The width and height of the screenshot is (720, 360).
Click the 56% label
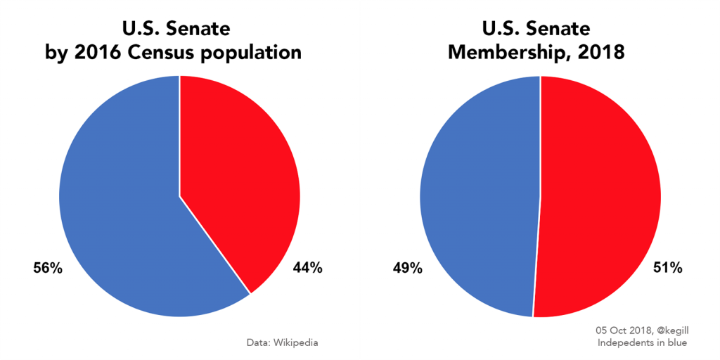pyautogui.click(x=49, y=268)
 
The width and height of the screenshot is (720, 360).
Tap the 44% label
pyautogui.click(x=307, y=268)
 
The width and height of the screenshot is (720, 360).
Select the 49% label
pyautogui.click(x=407, y=268)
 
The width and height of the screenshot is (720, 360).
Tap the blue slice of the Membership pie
pyautogui.click(x=478, y=197)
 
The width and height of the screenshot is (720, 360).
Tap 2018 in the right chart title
pyautogui.click(x=600, y=52)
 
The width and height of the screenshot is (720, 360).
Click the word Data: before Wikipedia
pyautogui.click(x=256, y=343)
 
